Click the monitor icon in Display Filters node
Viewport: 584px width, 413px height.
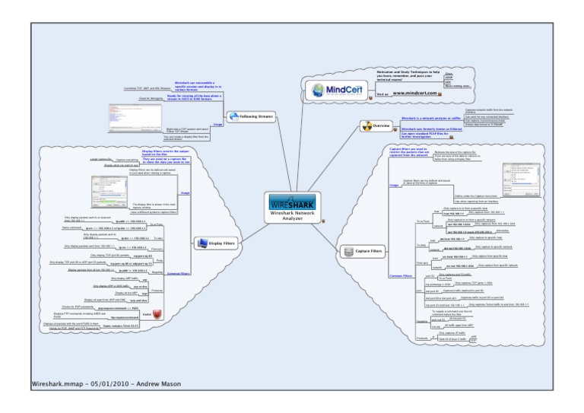coord(202,243)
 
